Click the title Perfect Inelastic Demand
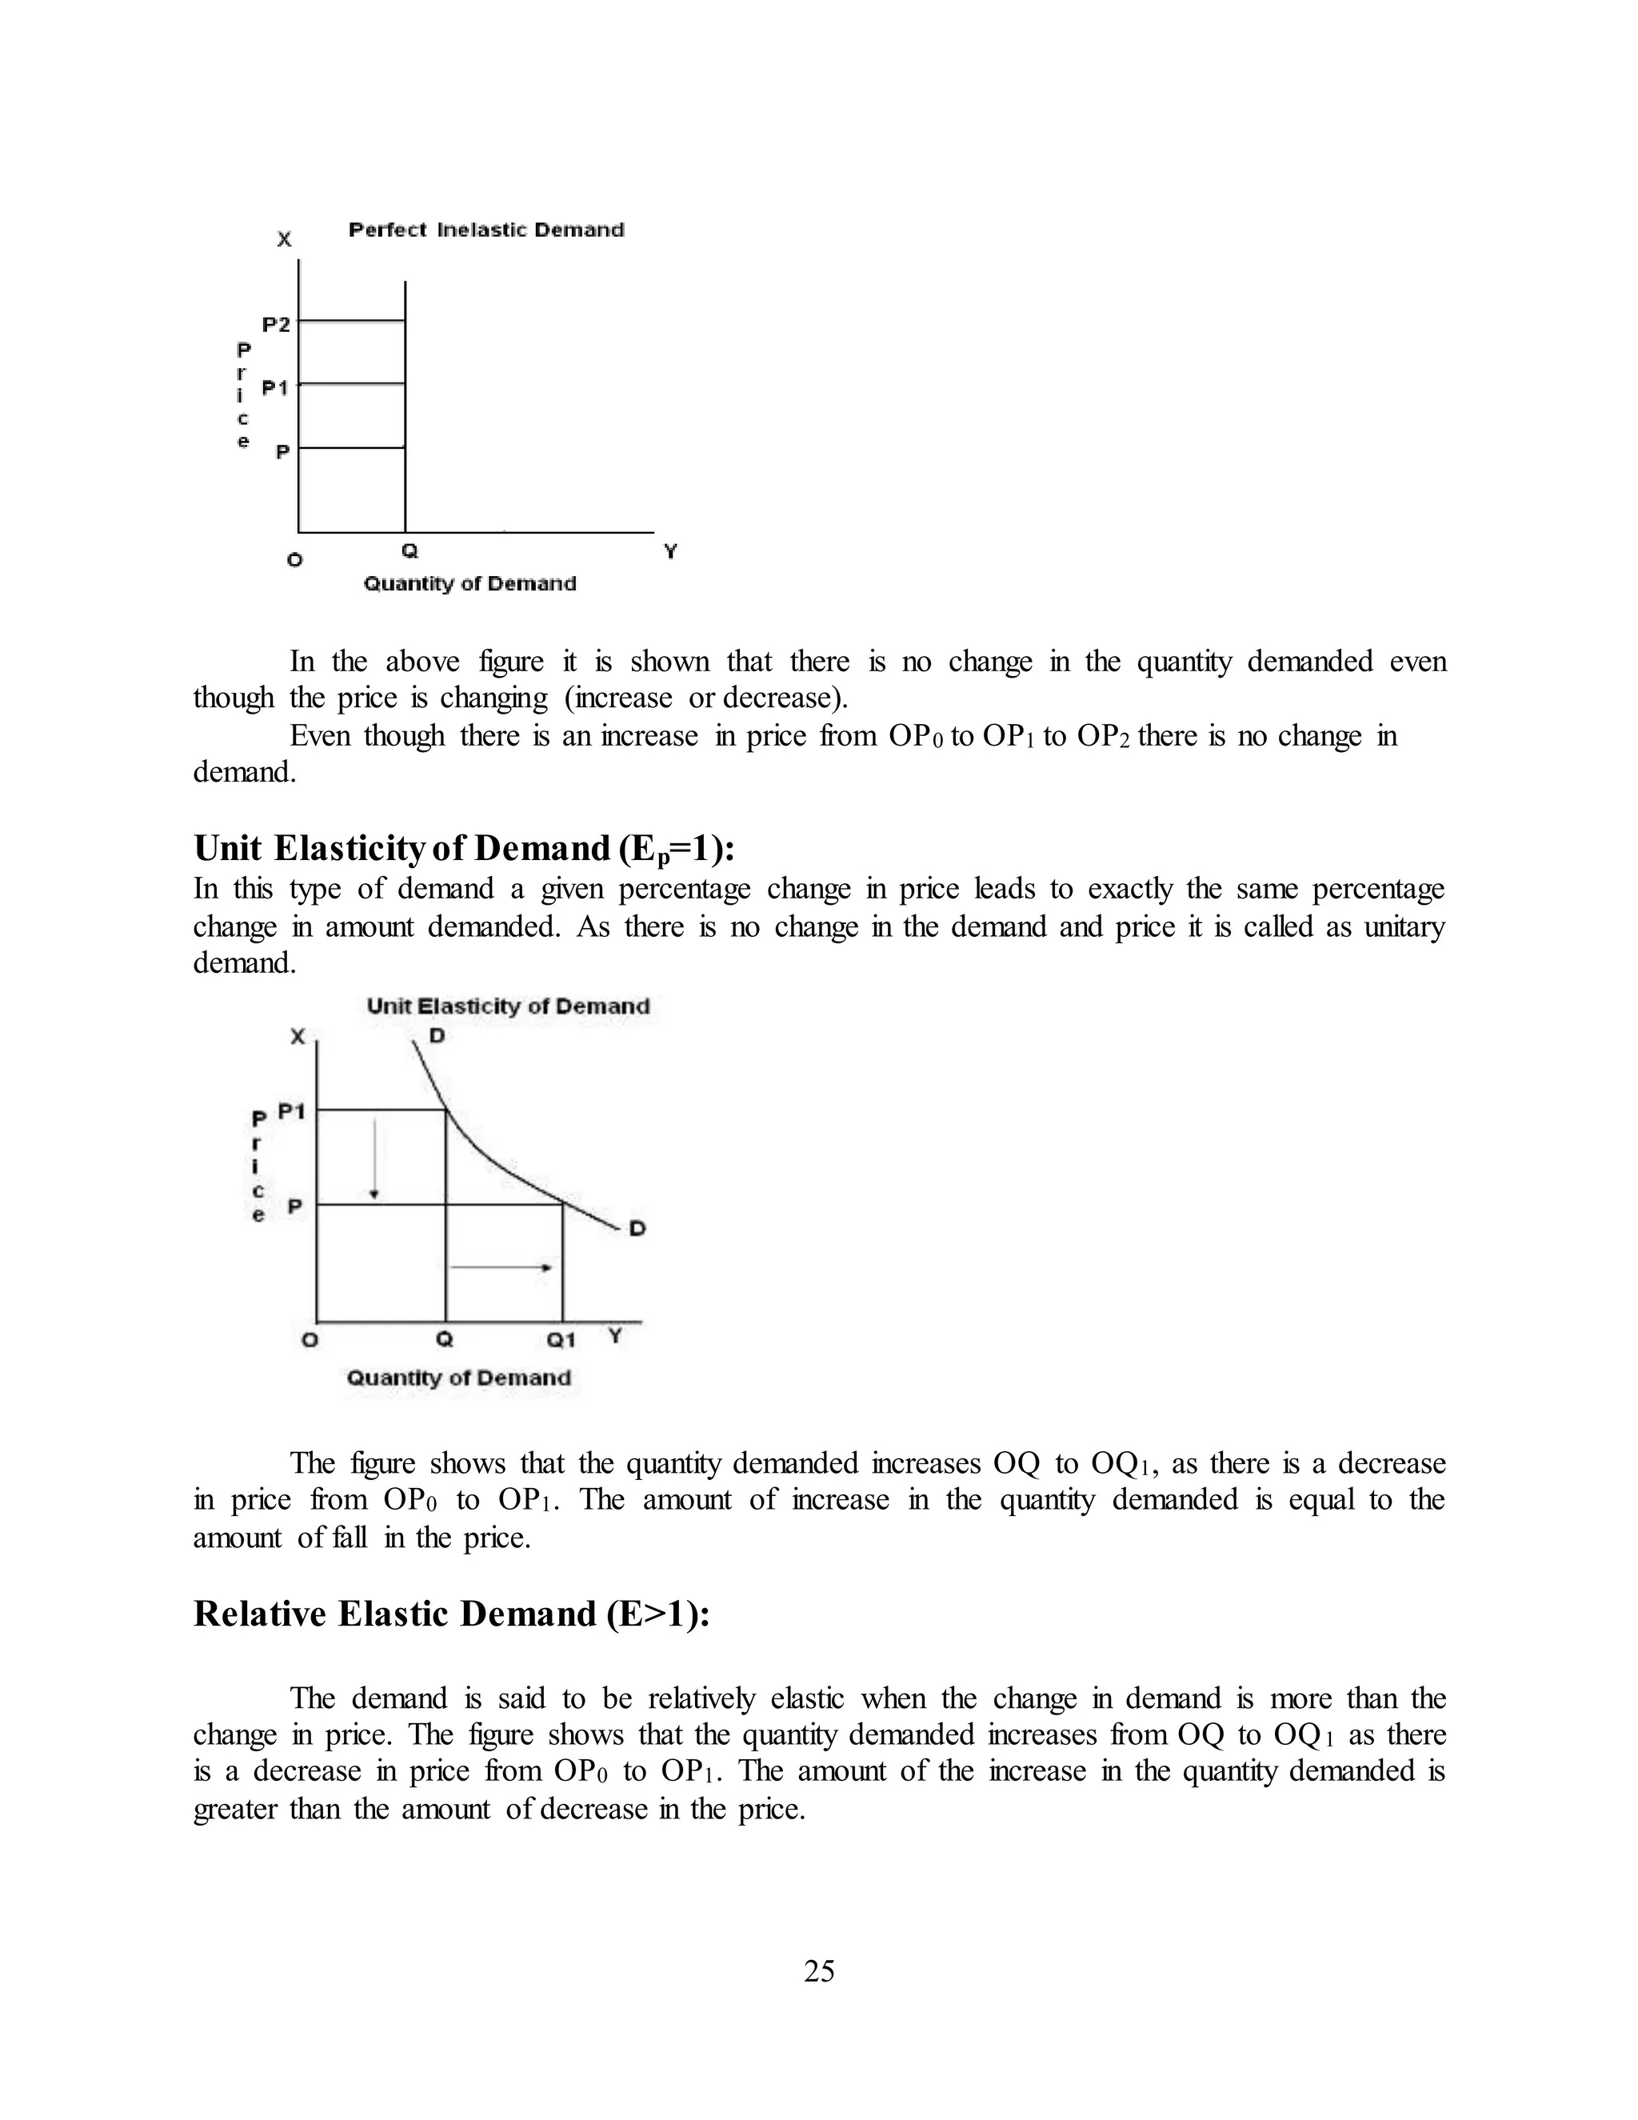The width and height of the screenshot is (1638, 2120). (486, 230)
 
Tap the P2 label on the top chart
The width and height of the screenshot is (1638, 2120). (276, 324)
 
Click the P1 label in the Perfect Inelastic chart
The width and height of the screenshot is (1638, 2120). (276, 388)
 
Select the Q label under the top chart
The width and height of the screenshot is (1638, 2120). (409, 551)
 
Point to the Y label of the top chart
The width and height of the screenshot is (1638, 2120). (669, 551)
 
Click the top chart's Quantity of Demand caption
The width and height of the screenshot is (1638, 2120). (469, 583)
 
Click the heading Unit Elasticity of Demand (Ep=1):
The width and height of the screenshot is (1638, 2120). (464, 848)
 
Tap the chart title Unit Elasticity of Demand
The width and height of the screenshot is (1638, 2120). (508, 1006)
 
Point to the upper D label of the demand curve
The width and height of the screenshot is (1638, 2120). (437, 1037)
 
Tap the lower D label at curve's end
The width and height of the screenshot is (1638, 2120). (637, 1229)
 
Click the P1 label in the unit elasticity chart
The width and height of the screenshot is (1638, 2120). (291, 1111)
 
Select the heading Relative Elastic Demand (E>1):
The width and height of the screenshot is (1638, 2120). (451, 1614)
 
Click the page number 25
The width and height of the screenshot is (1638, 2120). (819, 1971)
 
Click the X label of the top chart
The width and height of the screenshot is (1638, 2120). (283, 238)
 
